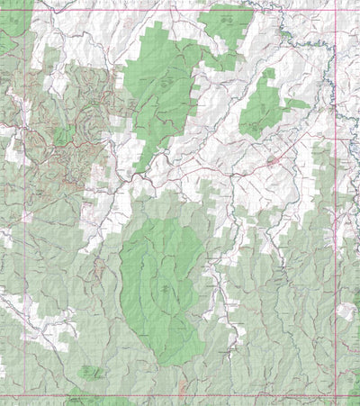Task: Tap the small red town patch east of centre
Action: [271, 163]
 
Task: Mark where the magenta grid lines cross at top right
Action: [336, 9]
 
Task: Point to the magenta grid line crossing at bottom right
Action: [336, 394]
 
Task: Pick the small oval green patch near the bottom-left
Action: [87, 370]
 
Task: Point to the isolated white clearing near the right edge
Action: [346, 311]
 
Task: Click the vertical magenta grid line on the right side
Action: [336, 225]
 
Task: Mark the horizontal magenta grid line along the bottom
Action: [180, 394]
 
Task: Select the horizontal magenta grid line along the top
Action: [180, 9]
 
